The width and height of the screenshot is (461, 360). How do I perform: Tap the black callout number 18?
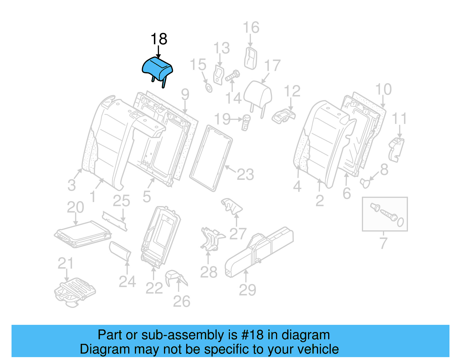(x=159, y=39)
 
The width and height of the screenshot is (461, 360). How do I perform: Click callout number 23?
(x=245, y=175)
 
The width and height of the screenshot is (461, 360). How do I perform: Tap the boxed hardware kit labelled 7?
(x=385, y=214)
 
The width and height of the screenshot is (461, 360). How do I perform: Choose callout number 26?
(x=182, y=301)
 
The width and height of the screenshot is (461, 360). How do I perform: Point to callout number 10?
(x=383, y=89)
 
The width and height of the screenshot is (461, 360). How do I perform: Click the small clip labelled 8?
(x=365, y=182)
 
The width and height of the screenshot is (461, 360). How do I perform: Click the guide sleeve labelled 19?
(x=246, y=122)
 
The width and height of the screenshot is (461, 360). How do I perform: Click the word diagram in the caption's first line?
(x=305, y=335)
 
